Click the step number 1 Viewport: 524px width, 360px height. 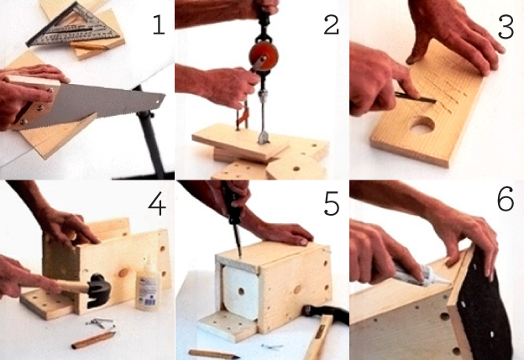pos(159,24)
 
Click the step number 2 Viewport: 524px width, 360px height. pos(332,25)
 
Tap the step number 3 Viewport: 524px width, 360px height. pos(506,28)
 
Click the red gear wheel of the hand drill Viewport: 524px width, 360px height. pos(264,55)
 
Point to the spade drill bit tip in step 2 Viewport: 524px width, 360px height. pos(264,139)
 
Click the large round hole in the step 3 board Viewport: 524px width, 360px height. pos(422,125)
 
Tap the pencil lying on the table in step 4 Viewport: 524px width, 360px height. pos(93,340)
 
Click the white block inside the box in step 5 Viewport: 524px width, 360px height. pos(240,291)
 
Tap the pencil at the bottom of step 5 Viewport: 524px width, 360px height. pos(214,354)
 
